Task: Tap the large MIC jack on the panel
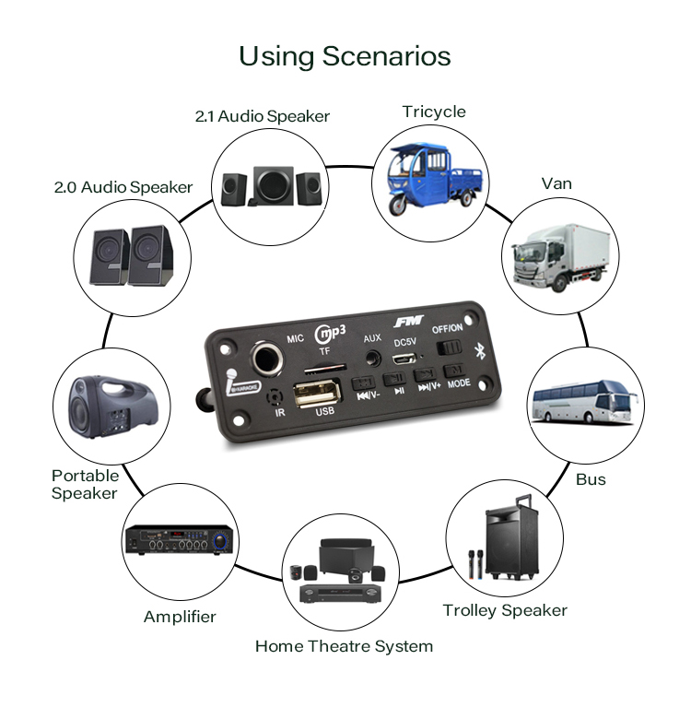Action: (270, 356)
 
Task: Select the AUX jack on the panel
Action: (372, 355)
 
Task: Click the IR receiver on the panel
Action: (273, 398)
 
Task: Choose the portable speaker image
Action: (109, 406)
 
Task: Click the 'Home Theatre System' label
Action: (344, 646)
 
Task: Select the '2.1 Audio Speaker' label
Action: (262, 116)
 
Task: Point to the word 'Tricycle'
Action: (434, 112)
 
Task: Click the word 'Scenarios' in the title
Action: (386, 56)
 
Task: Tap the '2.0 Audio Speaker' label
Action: (123, 187)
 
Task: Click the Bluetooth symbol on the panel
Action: (478, 350)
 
